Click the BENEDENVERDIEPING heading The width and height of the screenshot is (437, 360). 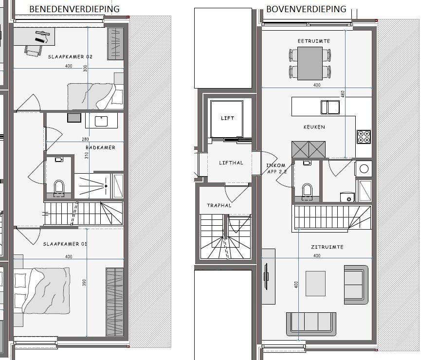coord(74,9)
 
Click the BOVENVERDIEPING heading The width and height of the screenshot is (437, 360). coord(306,9)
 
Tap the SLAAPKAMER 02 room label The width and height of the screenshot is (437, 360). coord(70,57)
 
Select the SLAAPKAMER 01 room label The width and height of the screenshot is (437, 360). coord(65,244)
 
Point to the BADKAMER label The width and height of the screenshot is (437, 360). coord(100,148)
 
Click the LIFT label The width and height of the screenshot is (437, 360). coord(227,118)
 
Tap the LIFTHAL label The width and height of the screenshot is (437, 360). coord(231,162)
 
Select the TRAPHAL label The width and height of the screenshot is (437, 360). coord(219,206)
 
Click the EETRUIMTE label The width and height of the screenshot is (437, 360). coord(314,41)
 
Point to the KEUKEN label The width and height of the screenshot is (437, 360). coord(314,127)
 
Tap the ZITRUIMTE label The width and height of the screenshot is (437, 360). coord(327,247)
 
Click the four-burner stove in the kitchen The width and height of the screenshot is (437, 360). coord(364,137)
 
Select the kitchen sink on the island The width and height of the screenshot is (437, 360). coord(330,108)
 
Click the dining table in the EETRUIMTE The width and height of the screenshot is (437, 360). coord(310,64)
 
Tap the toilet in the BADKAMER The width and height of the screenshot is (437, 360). coord(59,188)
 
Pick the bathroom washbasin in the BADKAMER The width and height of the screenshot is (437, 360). coord(101,121)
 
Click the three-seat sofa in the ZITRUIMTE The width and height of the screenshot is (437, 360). coord(311,324)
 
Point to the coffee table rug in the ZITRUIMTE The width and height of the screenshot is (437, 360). coord(315,284)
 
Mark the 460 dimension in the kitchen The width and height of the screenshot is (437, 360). coord(343,94)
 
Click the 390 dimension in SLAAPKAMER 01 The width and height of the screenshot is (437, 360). coord(85,283)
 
